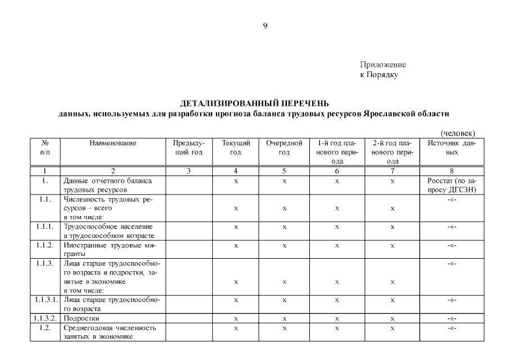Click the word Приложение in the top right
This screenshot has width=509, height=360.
click(x=382, y=65)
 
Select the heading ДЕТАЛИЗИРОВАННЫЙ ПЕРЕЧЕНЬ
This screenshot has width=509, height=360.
click(x=254, y=103)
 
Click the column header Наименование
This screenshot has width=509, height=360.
click(x=113, y=143)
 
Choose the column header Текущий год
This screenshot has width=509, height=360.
click(x=236, y=148)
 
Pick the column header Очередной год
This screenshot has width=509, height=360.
click(x=285, y=148)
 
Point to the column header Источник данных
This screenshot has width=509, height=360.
click(x=452, y=148)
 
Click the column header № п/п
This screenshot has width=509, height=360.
click(x=45, y=148)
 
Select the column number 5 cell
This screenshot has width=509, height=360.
click(x=285, y=171)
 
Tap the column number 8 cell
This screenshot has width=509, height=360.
click(x=452, y=171)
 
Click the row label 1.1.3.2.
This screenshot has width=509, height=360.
click(x=45, y=318)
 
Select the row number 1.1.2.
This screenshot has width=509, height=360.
click(x=45, y=245)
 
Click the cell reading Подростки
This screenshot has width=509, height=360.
click(x=82, y=318)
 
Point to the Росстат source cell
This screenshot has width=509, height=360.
click(x=452, y=185)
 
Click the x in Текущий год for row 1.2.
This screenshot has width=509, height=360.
click(x=236, y=328)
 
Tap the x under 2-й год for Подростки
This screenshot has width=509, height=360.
click(x=392, y=318)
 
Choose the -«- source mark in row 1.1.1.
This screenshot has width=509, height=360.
click(x=452, y=227)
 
